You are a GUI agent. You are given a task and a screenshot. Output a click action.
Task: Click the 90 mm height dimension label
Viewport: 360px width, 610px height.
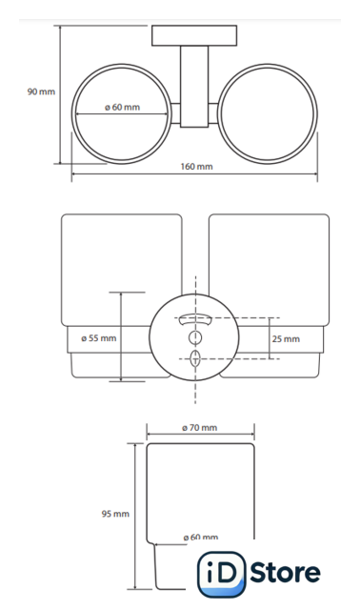tap(41, 91)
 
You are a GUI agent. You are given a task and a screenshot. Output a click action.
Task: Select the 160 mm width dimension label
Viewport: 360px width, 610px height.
tap(197, 167)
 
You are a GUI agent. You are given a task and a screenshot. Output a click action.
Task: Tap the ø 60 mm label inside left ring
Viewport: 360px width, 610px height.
tap(123, 107)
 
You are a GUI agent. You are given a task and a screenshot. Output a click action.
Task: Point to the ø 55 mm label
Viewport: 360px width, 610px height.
tap(99, 338)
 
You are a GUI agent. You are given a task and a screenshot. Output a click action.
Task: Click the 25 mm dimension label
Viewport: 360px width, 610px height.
tap(286, 339)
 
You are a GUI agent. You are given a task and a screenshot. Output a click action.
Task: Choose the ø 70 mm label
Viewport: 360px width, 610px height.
tap(200, 428)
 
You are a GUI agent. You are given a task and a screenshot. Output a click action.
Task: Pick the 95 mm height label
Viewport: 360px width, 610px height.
tap(115, 514)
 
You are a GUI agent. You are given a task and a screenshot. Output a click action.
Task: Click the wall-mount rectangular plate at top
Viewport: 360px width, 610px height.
tap(194, 36)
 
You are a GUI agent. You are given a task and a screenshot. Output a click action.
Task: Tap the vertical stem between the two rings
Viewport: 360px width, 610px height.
tap(194, 87)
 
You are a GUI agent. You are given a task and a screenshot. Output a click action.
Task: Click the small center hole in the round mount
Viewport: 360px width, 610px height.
tap(195, 337)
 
